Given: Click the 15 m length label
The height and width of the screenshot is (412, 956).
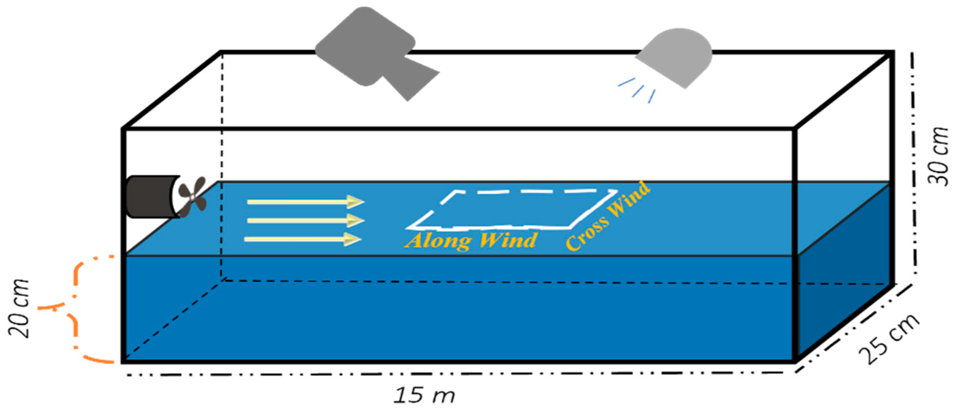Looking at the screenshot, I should [424, 396].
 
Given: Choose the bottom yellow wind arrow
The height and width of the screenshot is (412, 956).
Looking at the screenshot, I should [302, 239].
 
